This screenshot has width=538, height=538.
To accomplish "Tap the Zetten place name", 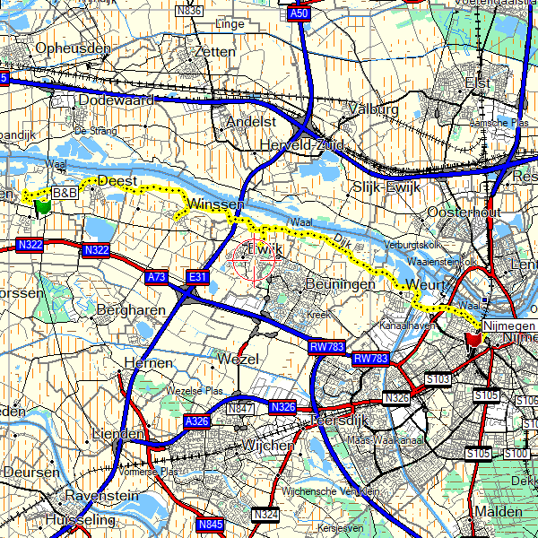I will coord(213,52).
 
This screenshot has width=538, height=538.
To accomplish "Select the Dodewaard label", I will coord(117,100).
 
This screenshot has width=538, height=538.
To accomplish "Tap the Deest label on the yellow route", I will coord(117,180).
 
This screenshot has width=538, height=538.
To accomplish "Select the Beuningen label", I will coord(340,283).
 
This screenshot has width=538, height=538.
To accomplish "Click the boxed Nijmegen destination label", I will coord(509,325).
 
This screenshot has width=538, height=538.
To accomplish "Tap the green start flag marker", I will coord(41,207).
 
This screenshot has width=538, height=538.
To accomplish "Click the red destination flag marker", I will coord(473,340).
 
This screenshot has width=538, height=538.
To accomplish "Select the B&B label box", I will coord(65,193).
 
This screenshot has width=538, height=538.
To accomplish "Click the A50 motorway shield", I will coord(299,15).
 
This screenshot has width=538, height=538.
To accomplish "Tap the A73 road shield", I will coord(156,278).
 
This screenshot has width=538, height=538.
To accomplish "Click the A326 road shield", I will coord(196,421).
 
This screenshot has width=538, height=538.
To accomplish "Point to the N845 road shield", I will coord(210,524).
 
